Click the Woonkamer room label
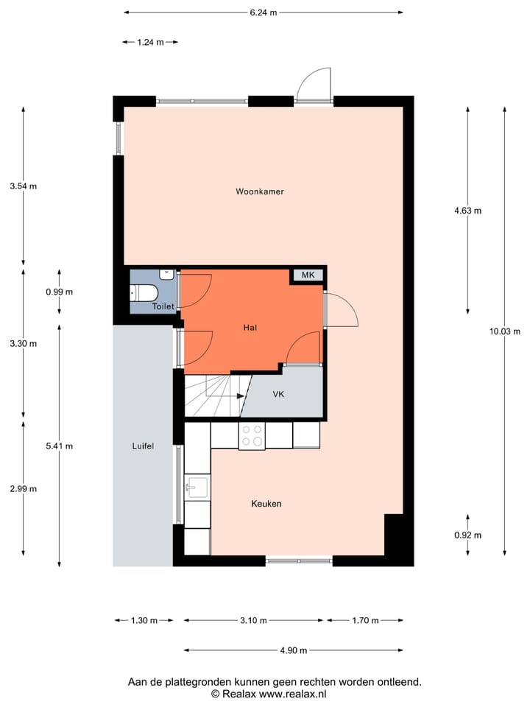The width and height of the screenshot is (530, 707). [260, 191]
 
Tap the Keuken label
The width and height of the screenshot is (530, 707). [266, 504]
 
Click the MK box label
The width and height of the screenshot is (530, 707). [308, 275]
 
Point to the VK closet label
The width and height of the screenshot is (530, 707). [278, 394]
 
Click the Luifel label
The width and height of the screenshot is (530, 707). [143, 446]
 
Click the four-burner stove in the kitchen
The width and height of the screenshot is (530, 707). [252, 435]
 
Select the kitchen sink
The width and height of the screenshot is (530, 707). [197, 487]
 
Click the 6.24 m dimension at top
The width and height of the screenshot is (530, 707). [263, 12]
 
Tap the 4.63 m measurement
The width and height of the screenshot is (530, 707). [468, 211]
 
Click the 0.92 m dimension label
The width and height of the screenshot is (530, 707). [468, 535]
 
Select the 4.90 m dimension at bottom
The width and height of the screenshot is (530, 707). [293, 650]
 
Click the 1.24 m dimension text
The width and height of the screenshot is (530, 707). [150, 42]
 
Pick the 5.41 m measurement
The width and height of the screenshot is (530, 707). [60, 446]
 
